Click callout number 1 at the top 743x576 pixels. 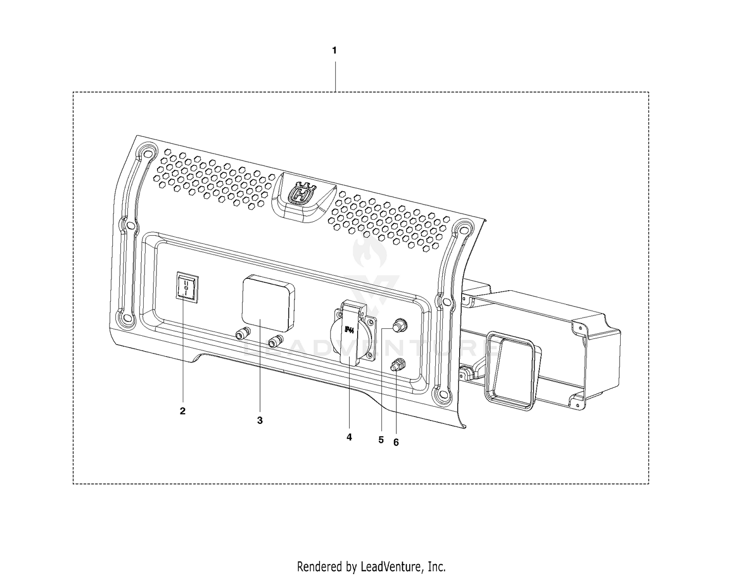point(334,51)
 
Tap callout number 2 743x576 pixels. point(183,411)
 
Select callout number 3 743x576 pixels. point(260,420)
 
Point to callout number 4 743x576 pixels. point(349,437)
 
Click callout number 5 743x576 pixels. point(381,440)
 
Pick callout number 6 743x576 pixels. point(396,442)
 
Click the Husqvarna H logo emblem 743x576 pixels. point(302,195)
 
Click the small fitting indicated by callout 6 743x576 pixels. point(397,365)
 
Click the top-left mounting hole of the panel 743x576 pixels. point(147,152)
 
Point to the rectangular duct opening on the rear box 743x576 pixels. point(510,370)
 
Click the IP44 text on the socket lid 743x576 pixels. point(349,329)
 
